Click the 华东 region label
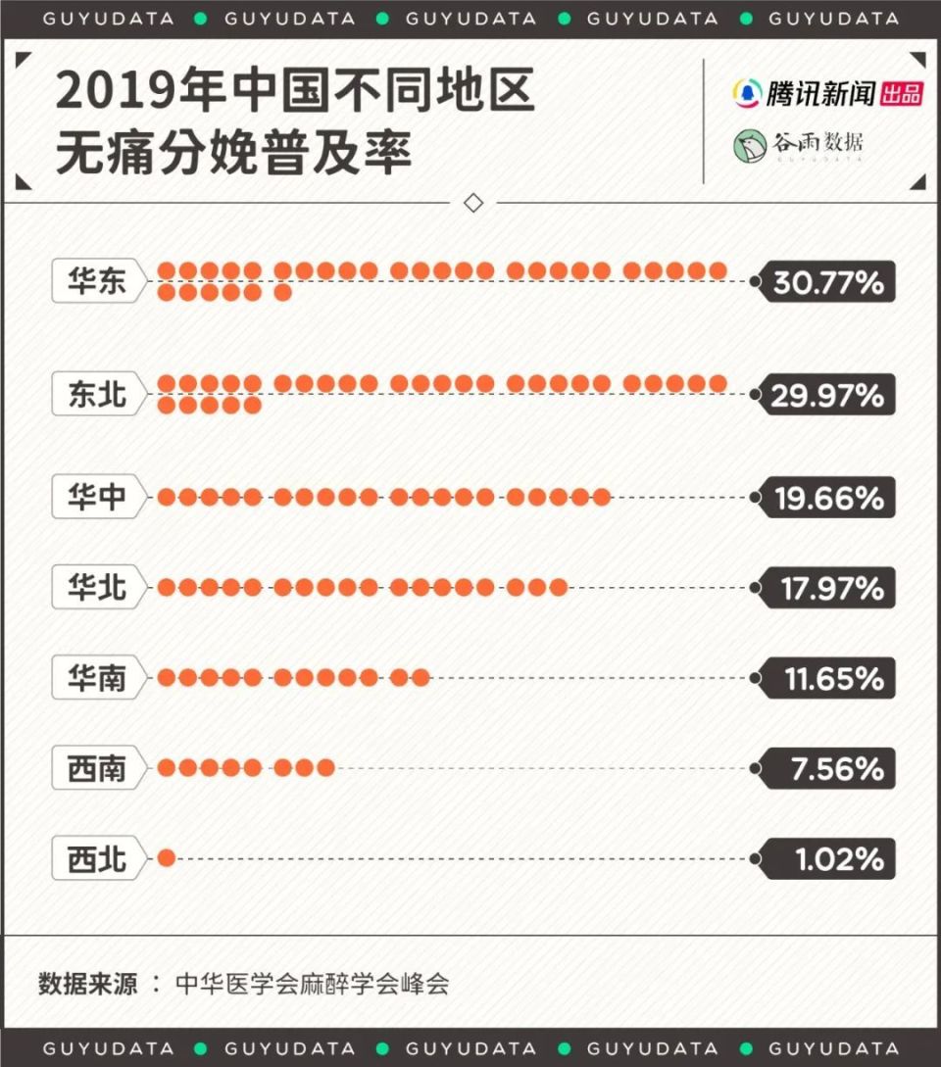97,282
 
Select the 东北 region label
97,395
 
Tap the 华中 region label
97,498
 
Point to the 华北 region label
97,588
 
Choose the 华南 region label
97,678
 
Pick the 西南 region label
97,769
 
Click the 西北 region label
97,859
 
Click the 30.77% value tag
828,283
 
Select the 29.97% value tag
828,396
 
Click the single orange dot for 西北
167,858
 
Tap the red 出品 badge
901,94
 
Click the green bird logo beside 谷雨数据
750,145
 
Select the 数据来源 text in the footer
87,984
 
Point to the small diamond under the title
473,203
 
